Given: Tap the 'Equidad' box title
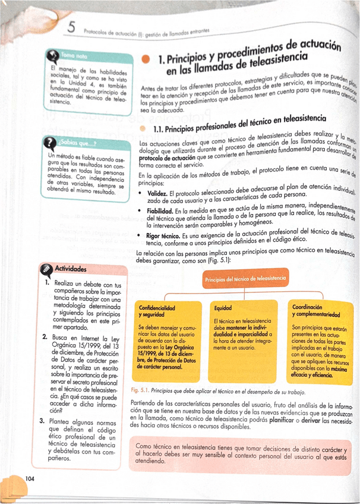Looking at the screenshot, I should point(223,308).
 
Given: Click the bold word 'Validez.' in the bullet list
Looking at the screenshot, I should point(157,194).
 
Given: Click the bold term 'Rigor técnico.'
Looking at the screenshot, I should point(166,236).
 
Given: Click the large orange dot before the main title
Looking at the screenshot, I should point(146,59).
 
